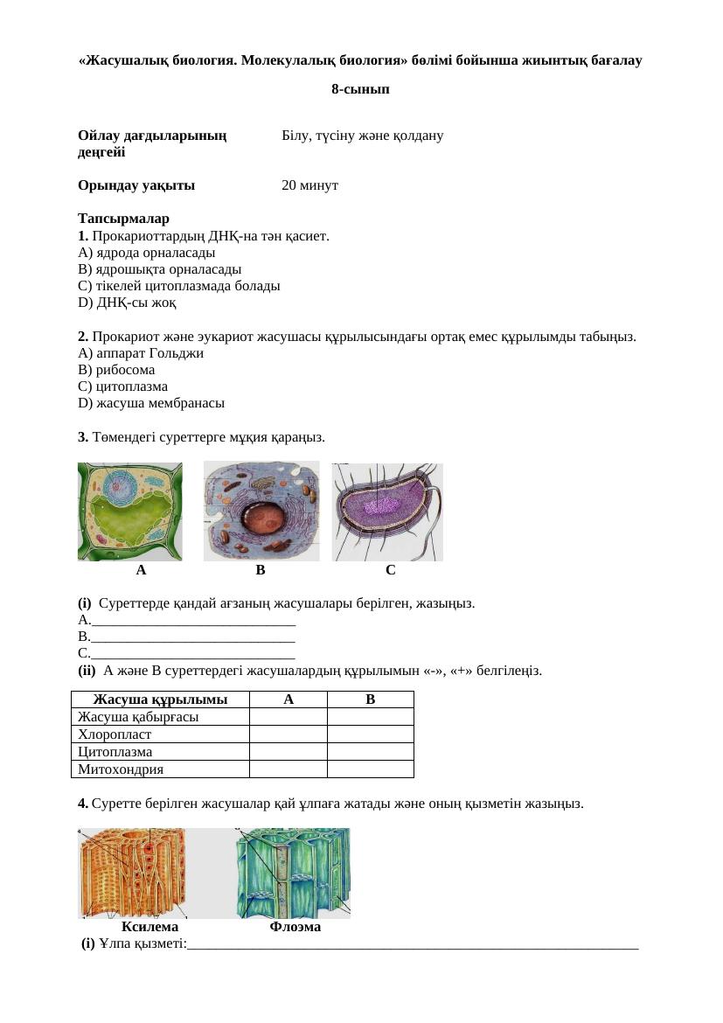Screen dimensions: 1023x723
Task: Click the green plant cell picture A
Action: tap(130, 511)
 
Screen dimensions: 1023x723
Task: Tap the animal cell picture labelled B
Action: tap(261, 511)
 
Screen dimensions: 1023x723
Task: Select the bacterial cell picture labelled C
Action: tap(388, 511)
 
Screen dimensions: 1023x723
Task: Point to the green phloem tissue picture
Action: tap(292, 873)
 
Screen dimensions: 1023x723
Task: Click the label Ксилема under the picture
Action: tap(150, 927)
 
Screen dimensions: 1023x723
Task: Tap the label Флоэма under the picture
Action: tap(295, 927)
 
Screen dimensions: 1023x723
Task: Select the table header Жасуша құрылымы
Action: tap(160, 699)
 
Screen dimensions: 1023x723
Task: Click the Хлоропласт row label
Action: tap(115, 734)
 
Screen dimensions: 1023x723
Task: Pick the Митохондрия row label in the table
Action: tap(121, 769)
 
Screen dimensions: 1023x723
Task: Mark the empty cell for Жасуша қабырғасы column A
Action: tap(288, 717)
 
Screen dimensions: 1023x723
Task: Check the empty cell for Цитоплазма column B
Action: tap(370, 752)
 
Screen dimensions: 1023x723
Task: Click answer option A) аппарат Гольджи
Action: tap(141, 353)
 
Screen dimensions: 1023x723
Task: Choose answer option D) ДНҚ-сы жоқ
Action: tap(128, 303)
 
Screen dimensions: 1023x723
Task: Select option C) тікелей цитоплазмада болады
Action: tap(179, 286)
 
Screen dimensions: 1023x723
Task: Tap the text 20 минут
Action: tap(310, 185)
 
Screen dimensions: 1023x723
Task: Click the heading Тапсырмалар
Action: tap(123, 219)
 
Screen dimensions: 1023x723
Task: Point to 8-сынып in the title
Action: tap(361, 89)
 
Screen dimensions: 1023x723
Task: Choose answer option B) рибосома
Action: tap(116, 370)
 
